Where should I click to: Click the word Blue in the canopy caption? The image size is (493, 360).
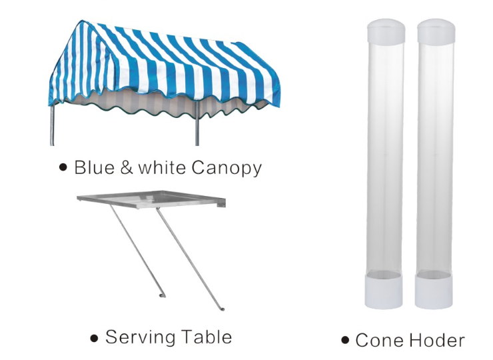coord(95,167)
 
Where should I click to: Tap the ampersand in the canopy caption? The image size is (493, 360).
coord(127,167)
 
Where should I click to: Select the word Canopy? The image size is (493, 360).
coord(227,169)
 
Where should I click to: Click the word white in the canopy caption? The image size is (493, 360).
coord(162,167)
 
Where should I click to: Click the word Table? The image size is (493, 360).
coord(207,337)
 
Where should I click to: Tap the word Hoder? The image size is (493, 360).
coord(437,340)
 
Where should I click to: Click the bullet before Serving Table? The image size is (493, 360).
coord(94,338)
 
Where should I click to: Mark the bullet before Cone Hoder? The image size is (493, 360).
coord(345,340)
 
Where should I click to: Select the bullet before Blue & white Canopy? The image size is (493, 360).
coord(63,167)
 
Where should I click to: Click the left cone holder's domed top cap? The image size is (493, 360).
coord(386,31)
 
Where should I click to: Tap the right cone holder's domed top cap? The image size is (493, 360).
coord(436,31)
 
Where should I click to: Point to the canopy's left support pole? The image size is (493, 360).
coord(52,124)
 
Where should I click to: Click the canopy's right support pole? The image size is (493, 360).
coord(197,123)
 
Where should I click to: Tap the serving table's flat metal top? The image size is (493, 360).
coord(151,199)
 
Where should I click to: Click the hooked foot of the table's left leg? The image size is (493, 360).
coord(163,295)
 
